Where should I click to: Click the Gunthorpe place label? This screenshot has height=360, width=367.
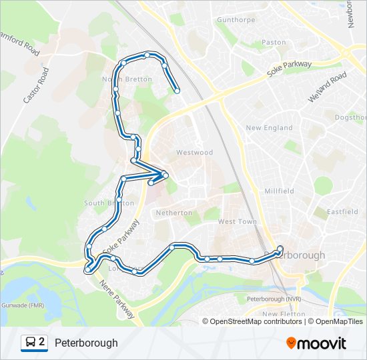[236, 20]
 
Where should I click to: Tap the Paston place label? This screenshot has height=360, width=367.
[274, 42]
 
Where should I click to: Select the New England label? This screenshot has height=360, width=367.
[269, 127]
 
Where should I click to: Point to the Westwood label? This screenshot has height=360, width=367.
[194, 153]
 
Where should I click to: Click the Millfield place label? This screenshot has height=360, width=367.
[279, 191]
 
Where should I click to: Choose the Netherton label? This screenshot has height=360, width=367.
[173, 213]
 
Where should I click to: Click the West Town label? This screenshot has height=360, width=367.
[237, 221]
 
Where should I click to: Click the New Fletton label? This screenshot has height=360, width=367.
[283, 313]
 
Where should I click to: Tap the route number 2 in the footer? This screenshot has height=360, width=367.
[42, 343]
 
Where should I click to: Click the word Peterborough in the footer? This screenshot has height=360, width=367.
[86, 343]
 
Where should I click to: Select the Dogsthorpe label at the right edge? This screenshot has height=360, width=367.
[350, 117]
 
